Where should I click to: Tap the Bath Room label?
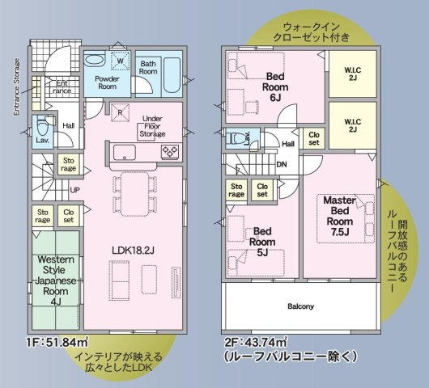pyautogui.click(x=148, y=67)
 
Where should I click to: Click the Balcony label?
pyautogui.click(x=299, y=306)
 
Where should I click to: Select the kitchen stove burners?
pyautogui.click(x=170, y=152)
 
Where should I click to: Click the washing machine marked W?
pyautogui.click(x=120, y=61)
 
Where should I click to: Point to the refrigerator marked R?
pyautogui.click(x=120, y=114)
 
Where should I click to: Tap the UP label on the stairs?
pyautogui.click(x=75, y=192)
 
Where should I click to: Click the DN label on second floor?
pyautogui.click(x=282, y=165)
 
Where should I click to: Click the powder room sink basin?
pyautogui.click(x=95, y=60)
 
